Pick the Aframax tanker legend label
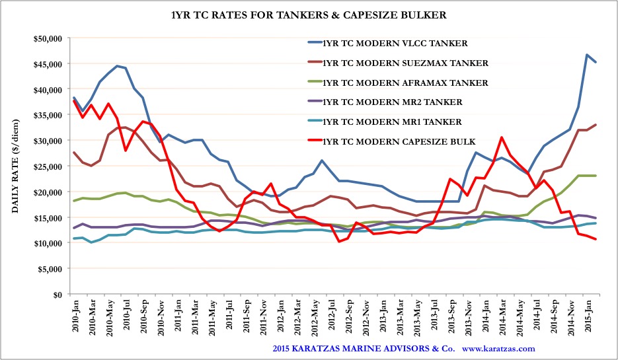tap(405, 83)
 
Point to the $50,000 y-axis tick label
tap(46, 38)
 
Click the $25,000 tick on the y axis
tap(46, 166)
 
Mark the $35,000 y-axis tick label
tap(46, 115)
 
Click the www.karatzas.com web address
tap(499, 348)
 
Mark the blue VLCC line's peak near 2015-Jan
tap(587, 55)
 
